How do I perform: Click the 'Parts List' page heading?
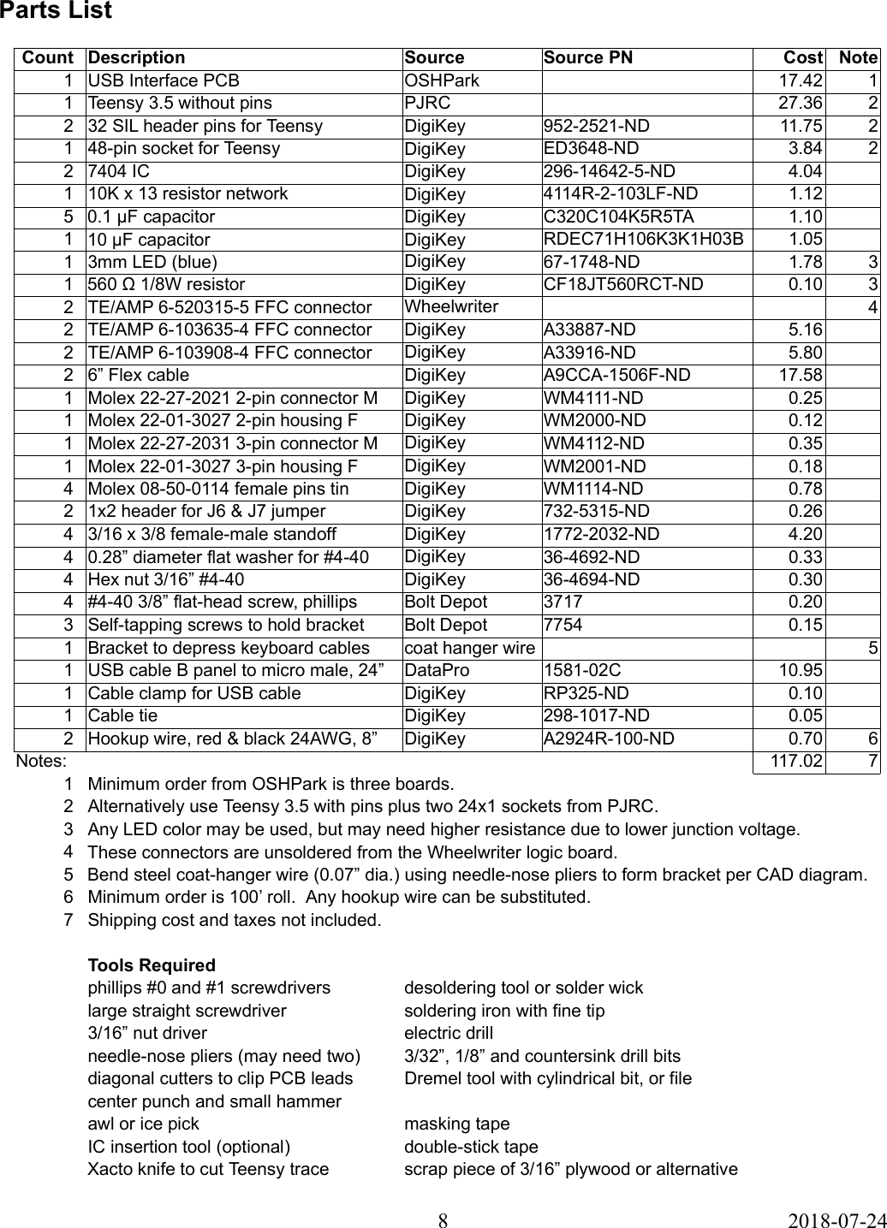(56, 11)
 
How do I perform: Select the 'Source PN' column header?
(588, 58)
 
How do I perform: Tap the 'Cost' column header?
(803, 58)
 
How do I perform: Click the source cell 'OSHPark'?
(442, 80)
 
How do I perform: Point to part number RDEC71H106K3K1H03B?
(643, 239)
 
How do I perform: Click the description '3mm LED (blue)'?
(152, 262)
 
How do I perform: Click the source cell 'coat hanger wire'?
(469, 648)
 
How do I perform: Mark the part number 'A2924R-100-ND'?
(609, 739)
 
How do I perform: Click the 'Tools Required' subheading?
(152, 965)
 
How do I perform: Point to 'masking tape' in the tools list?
(456, 1124)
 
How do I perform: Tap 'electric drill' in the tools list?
(449, 1033)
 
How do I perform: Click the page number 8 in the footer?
(443, 1219)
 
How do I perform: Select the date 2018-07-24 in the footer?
(836, 1219)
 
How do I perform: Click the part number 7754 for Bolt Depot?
(563, 625)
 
